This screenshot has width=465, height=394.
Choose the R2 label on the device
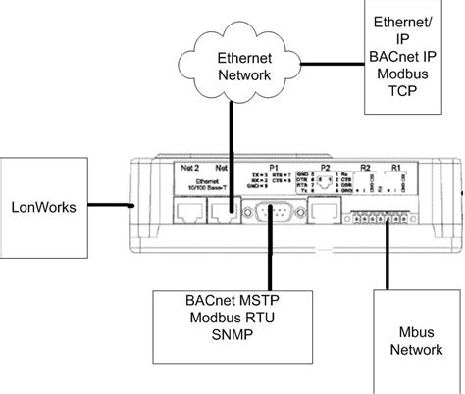pyautogui.click(x=363, y=168)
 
